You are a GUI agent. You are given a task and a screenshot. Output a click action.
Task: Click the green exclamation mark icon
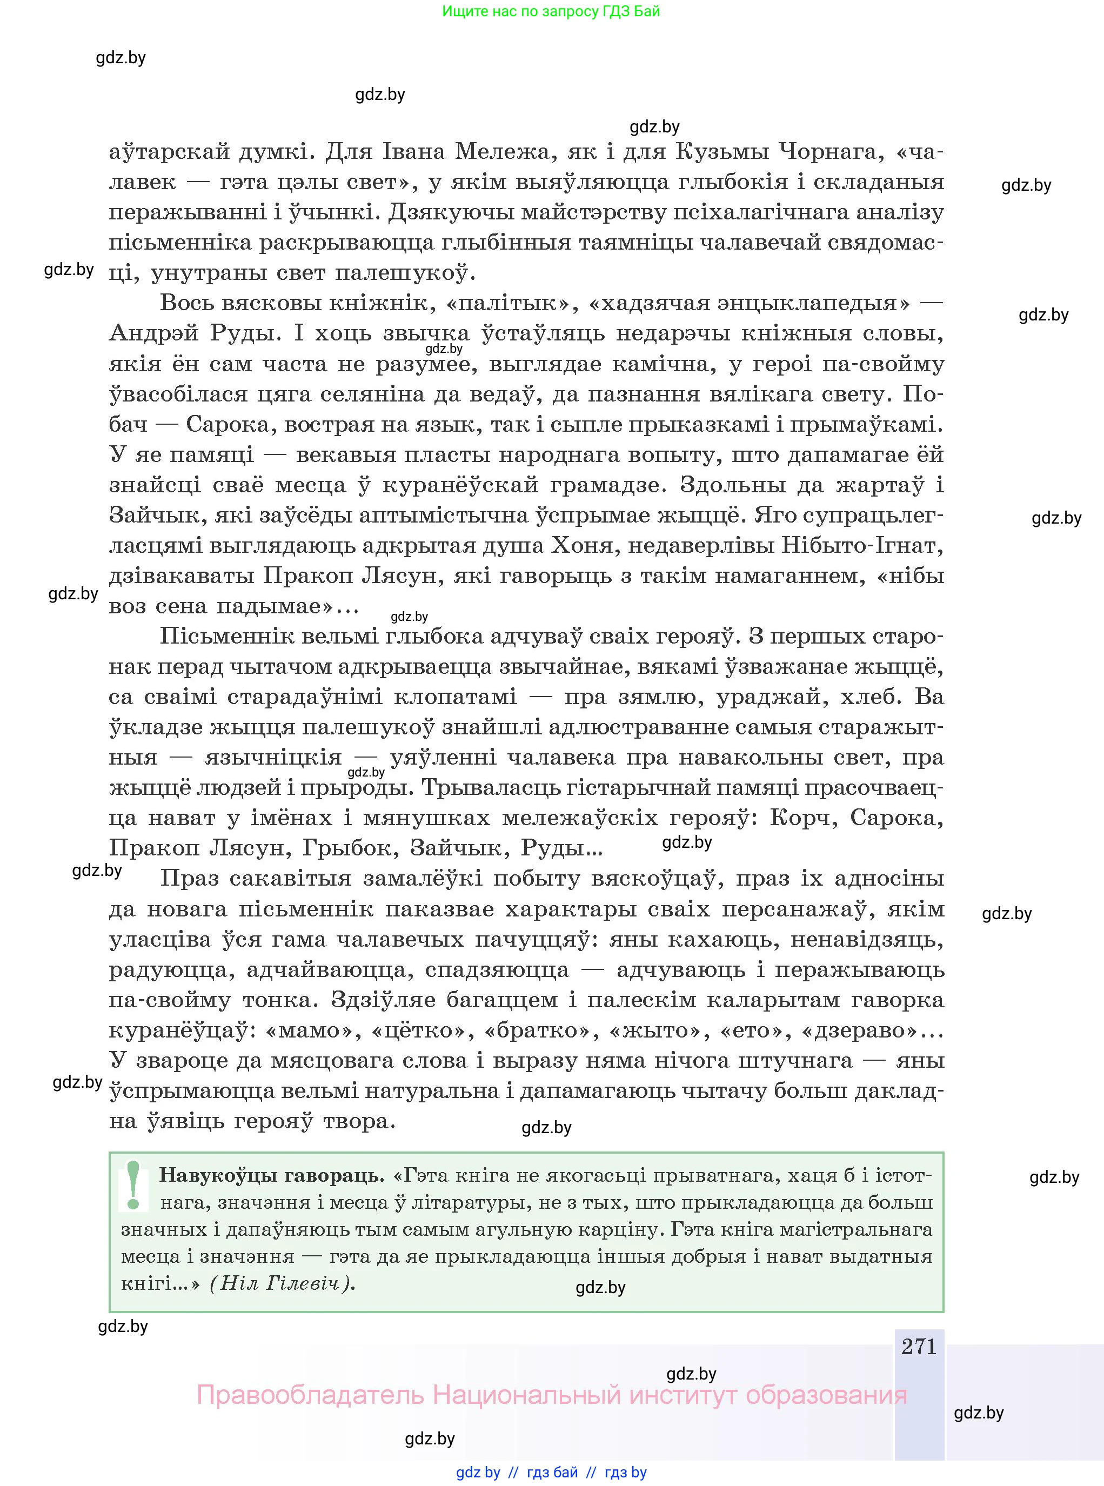click(x=133, y=1186)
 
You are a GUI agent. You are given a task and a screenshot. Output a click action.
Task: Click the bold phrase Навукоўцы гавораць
click(x=271, y=1175)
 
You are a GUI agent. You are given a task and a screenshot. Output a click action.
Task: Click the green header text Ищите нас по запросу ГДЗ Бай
click(x=551, y=11)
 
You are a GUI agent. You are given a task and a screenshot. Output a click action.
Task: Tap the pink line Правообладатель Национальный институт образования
click(x=551, y=1395)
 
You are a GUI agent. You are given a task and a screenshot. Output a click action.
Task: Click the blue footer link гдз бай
click(x=552, y=1472)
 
